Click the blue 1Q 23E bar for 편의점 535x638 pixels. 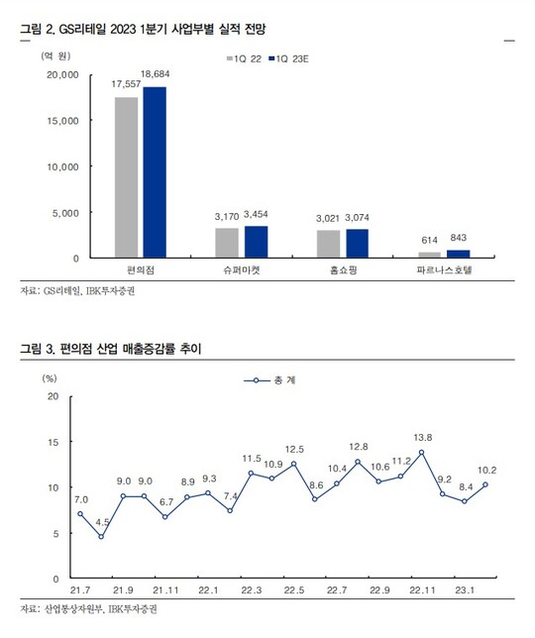(155, 172)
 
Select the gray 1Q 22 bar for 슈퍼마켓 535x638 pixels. (227, 243)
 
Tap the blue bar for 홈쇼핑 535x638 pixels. (358, 244)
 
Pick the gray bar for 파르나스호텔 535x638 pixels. (430, 255)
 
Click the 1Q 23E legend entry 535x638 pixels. (288, 59)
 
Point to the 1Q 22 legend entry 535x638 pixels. (244, 59)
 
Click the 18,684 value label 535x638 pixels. (155, 74)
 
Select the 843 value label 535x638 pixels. (458, 238)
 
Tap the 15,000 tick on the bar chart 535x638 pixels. (62, 121)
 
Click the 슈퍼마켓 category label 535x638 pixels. (242, 269)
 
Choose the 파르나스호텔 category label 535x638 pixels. (444, 269)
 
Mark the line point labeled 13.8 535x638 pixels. (421, 452)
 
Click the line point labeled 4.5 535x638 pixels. (101, 537)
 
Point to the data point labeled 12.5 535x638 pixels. (293, 464)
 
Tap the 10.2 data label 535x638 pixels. (487, 471)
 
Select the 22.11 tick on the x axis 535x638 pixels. (422, 590)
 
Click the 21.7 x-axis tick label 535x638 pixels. (80, 590)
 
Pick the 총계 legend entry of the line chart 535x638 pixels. (269, 380)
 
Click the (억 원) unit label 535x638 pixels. (55, 55)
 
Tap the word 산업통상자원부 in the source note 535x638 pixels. (73, 609)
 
